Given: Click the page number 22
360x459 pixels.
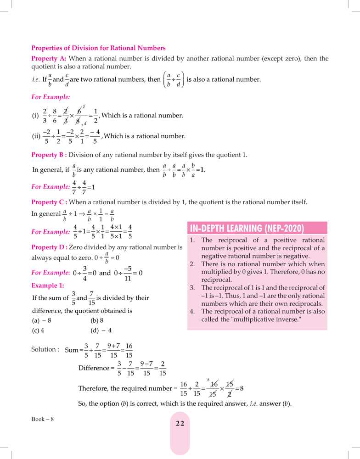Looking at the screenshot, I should tap(180, 423).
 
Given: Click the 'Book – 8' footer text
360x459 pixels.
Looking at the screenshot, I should tap(43, 419).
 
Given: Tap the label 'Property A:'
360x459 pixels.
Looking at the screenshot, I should tap(49, 59).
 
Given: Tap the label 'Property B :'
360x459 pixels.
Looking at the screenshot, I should tap(50, 155).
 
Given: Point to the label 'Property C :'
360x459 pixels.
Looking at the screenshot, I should tap(50, 202).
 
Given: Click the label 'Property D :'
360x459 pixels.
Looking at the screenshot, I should tap(50, 247).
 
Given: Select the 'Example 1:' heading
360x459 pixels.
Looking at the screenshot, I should tap(48, 285).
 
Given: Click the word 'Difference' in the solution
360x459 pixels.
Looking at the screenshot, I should tap(94, 368).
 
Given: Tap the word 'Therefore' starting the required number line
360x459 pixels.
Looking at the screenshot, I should tap(93, 388).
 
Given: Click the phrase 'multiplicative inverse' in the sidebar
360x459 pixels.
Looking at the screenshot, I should tap(250, 319).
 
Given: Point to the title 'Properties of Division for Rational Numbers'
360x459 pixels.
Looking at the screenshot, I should tap(98, 48).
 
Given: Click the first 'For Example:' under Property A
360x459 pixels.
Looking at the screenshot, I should tap(51, 97).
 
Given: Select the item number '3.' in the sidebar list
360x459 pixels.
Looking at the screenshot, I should tap(193, 288).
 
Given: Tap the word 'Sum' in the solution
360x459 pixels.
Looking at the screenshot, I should tap(72, 350).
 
